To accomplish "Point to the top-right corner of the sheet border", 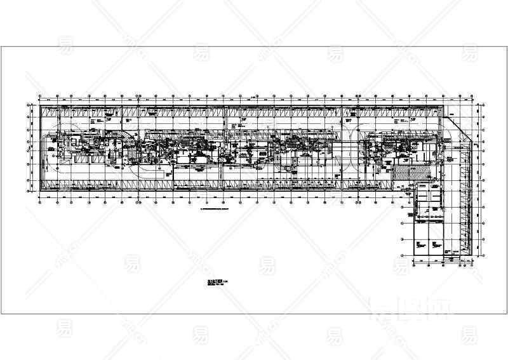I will (x=495, y=46).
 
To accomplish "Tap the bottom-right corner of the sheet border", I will (x=495, y=314).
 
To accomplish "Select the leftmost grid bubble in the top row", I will (x=40, y=97).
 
